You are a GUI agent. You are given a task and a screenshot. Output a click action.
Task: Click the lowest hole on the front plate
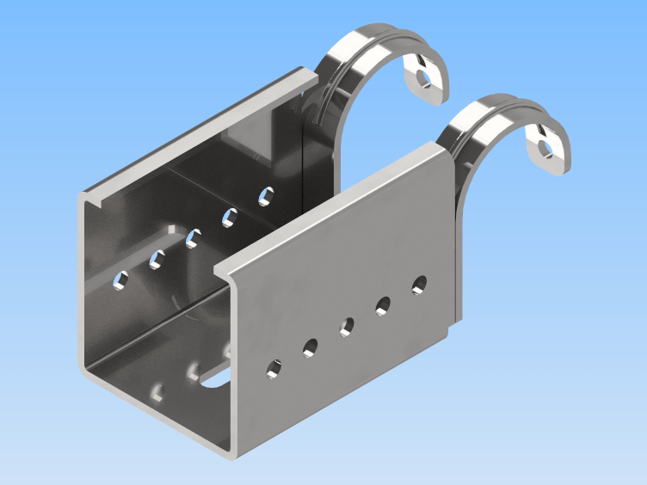coord(274,370)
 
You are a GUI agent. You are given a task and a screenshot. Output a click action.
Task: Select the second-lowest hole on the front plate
coord(310,347)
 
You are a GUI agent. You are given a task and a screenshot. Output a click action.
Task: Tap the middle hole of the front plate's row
coord(347,326)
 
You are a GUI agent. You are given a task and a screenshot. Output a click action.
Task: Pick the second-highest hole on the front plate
coord(383,304)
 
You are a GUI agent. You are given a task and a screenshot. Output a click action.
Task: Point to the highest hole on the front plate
coord(419,283)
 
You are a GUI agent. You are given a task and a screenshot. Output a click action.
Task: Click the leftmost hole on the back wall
coord(122,279)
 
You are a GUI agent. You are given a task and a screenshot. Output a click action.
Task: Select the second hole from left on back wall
coord(157,257)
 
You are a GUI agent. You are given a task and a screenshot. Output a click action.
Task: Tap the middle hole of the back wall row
coord(193,236)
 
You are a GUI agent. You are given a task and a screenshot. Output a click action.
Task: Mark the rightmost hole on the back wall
coord(266,195)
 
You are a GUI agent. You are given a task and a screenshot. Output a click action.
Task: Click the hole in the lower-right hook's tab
coord(545,149)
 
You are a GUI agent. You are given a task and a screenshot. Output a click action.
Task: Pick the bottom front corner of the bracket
coord(231,452)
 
